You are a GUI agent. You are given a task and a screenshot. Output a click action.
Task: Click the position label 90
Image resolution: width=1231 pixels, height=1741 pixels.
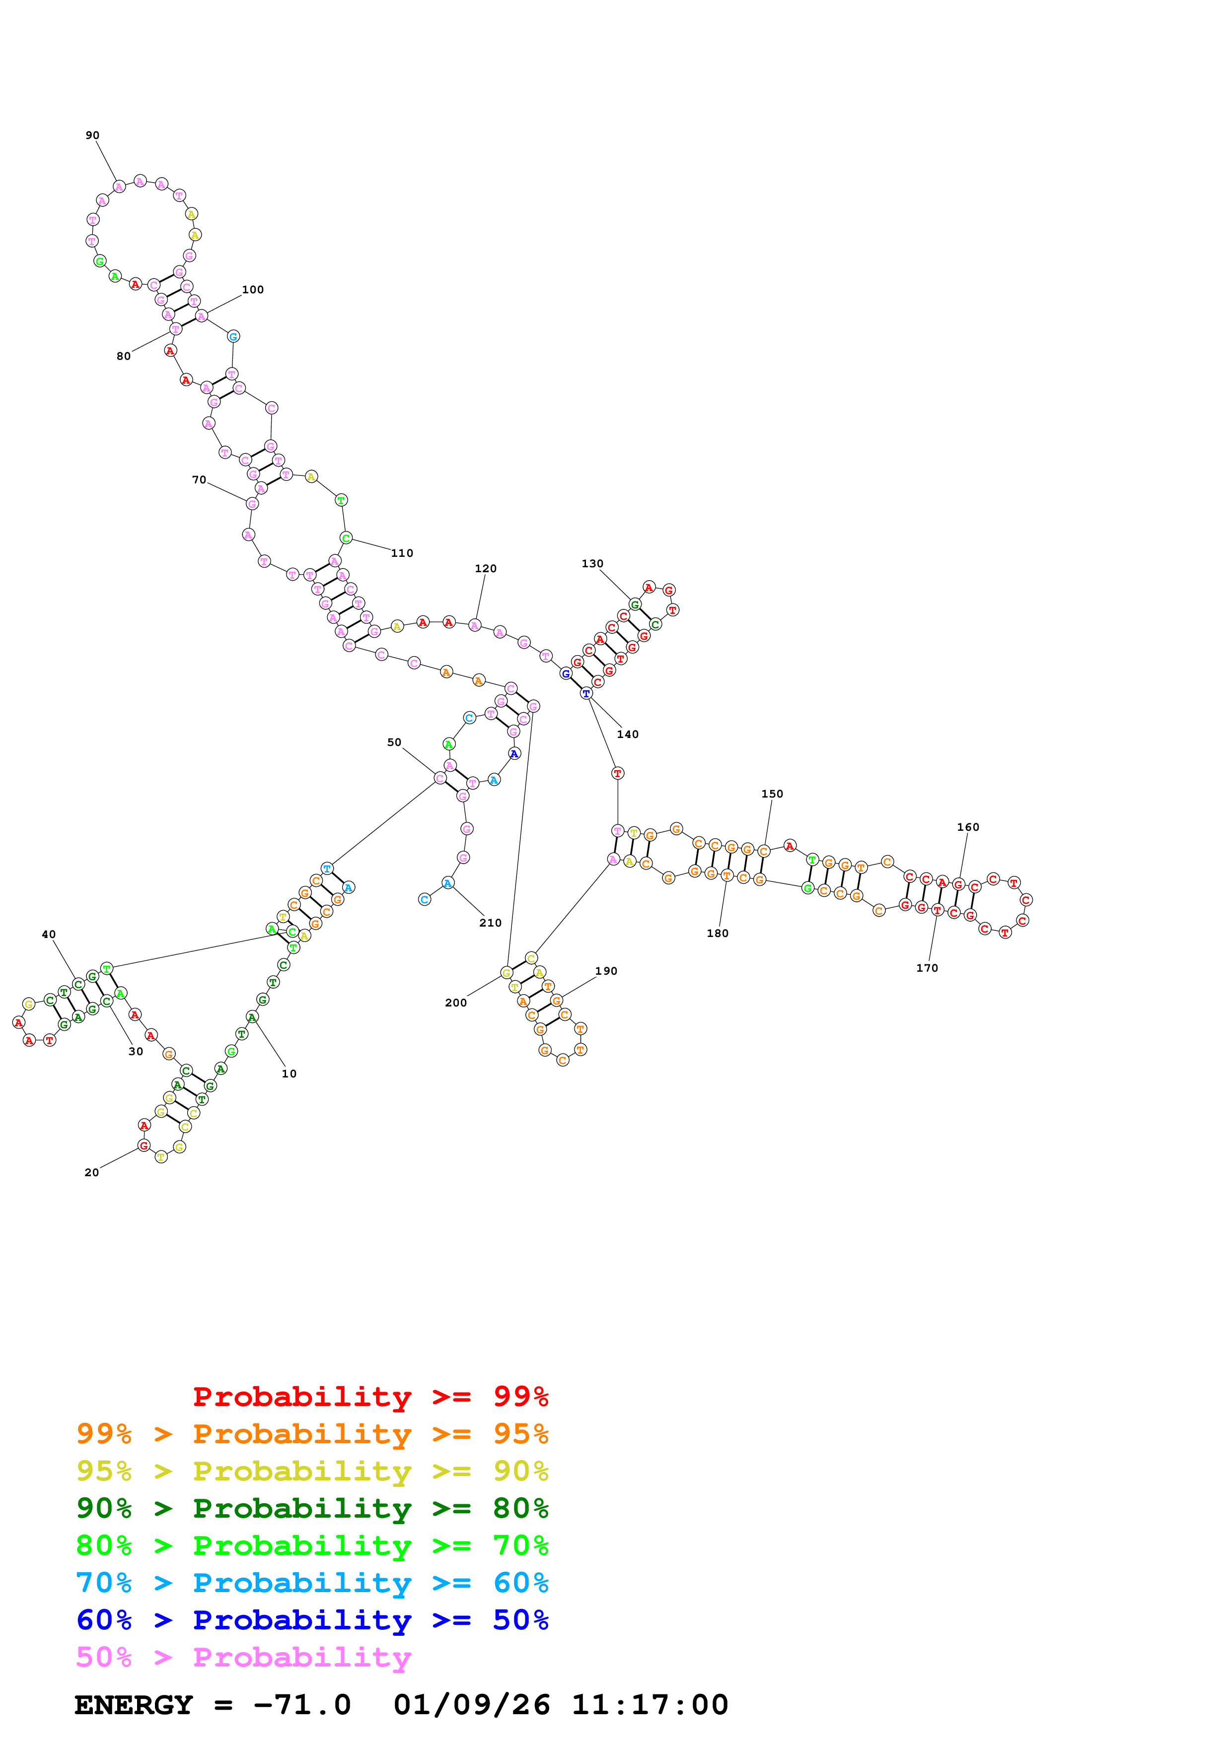point(92,135)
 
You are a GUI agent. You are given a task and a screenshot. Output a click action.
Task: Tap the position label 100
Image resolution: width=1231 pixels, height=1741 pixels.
point(253,290)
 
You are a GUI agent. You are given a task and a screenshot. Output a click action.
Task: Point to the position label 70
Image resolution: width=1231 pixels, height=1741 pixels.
point(199,480)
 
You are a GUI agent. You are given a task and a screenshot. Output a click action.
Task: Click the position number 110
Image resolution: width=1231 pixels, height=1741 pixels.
point(402,553)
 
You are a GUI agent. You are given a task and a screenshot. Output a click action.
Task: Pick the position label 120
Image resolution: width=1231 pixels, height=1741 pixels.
point(486,569)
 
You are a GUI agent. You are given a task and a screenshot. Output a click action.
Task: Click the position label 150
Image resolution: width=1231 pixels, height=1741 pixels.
point(772,794)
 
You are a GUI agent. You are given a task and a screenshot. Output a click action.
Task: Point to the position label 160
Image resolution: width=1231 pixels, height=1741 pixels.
point(968,827)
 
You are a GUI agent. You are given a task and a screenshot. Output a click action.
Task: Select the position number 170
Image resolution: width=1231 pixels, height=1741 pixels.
point(927,968)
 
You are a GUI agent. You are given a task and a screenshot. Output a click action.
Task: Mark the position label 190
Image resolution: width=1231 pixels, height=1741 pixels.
point(606,971)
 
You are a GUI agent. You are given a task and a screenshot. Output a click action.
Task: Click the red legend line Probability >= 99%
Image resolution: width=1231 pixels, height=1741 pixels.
point(370,1397)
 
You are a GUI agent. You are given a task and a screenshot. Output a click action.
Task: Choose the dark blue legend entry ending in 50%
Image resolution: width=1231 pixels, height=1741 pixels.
point(312,1620)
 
